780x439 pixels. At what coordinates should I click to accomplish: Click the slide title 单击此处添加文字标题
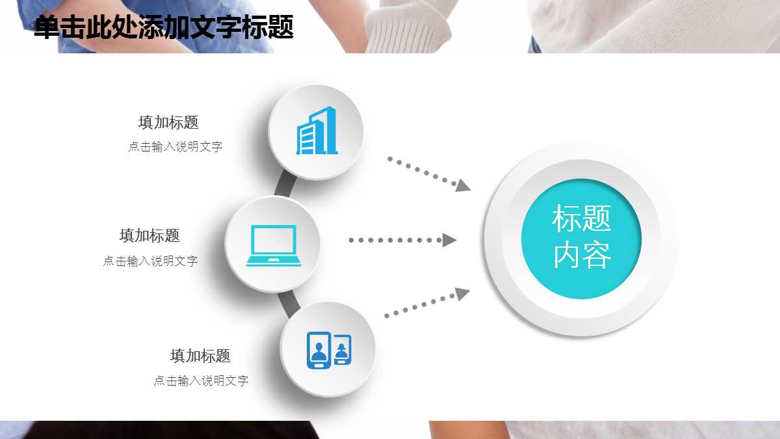[x=164, y=27]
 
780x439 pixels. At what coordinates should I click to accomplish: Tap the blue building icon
[x=317, y=130]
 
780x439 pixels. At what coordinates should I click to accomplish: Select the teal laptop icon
[x=274, y=246]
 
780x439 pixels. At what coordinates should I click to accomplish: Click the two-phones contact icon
[x=329, y=350]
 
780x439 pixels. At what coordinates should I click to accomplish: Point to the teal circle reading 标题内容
[x=581, y=239]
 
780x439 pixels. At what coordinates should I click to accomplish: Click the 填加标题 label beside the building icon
[x=168, y=123]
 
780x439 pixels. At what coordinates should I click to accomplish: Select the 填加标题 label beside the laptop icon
[x=149, y=235]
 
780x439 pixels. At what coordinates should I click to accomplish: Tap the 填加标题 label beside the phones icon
[x=200, y=356]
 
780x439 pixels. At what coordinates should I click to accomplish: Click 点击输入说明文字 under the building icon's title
[x=175, y=147]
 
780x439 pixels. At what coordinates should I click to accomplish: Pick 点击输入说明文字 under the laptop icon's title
[x=150, y=261]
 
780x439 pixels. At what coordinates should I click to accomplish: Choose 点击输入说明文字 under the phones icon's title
[x=201, y=380]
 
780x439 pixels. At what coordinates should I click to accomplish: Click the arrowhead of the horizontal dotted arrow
[x=449, y=240]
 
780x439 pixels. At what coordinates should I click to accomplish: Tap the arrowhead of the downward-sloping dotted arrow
[x=463, y=185]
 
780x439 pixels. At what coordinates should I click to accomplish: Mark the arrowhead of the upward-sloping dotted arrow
[x=462, y=293]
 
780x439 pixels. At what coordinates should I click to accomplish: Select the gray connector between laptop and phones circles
[x=289, y=304]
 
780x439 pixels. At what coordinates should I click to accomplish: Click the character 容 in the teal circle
[x=597, y=256]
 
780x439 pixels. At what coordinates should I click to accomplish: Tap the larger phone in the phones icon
[x=318, y=350]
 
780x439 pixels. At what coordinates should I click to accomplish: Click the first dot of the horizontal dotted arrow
[x=352, y=240]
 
